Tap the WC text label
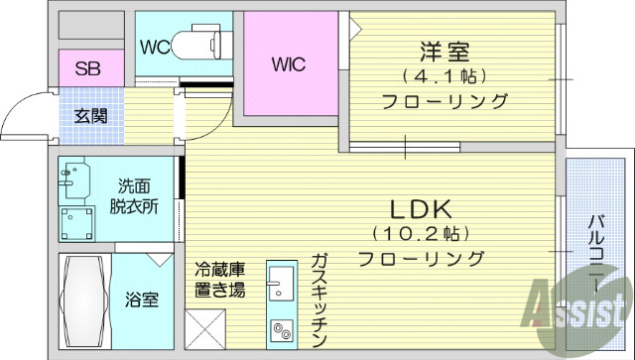click(x=154, y=48)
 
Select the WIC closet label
click(x=288, y=64)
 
